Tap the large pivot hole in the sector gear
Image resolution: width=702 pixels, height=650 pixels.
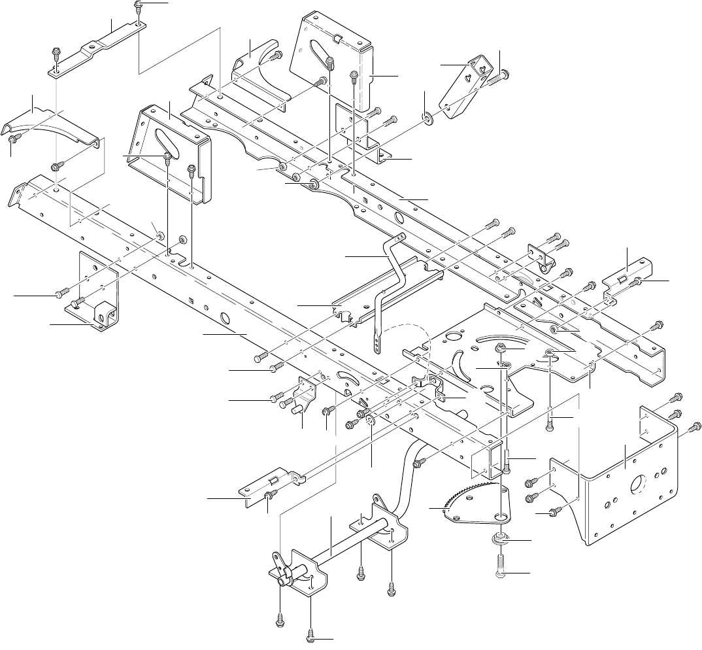(501, 517)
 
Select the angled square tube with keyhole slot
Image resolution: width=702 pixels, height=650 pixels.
(467, 89)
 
